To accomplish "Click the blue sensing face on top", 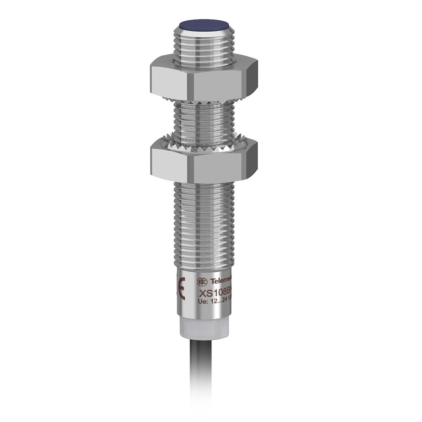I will (204, 24).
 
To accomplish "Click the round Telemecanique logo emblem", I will (202, 281).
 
